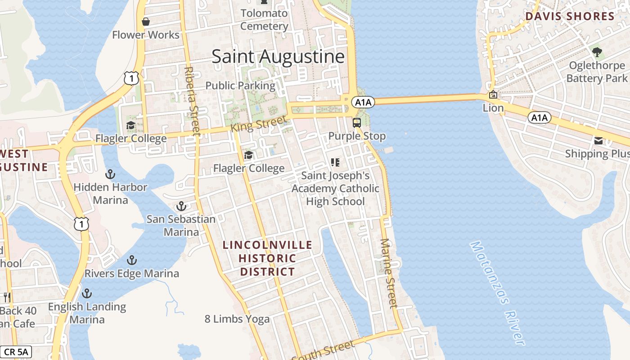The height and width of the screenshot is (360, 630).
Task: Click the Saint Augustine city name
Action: [x=278, y=57]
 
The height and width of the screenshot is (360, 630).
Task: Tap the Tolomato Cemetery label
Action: [x=264, y=20]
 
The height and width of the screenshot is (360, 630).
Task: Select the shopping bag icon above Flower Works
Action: [x=146, y=22]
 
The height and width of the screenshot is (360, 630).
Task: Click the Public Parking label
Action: [x=240, y=85]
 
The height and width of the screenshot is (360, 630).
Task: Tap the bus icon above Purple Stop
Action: [x=357, y=123]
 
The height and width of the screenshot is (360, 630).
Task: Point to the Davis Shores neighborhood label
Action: [x=570, y=17]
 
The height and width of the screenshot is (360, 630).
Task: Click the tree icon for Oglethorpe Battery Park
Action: [x=597, y=52]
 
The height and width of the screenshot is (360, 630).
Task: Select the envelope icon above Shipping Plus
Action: [x=598, y=141]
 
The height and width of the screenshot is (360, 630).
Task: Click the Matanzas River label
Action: [x=498, y=293]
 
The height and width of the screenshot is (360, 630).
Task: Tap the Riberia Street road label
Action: [x=192, y=101]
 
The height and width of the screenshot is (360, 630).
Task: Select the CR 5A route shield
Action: [x=16, y=351]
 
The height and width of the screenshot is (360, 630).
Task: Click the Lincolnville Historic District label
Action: [x=267, y=258]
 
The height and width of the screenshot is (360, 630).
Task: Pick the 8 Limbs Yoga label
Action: [x=237, y=319]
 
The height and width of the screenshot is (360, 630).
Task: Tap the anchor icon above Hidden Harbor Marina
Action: [x=110, y=174]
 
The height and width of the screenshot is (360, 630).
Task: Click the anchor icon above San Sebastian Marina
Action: [x=181, y=207]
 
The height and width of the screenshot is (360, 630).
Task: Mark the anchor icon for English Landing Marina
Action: [x=87, y=294]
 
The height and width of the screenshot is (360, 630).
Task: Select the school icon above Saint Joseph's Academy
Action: [x=335, y=162]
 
